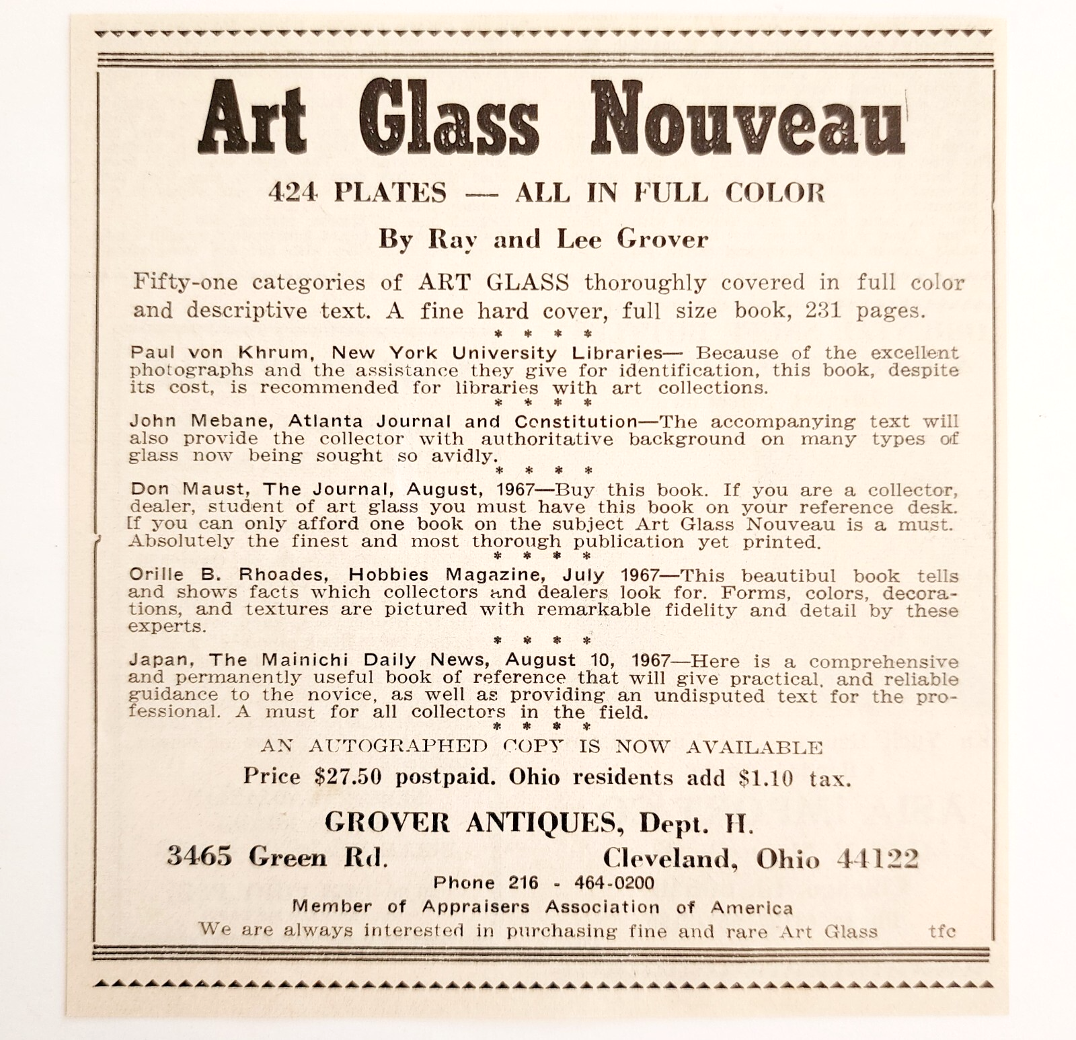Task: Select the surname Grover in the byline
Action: click(662, 239)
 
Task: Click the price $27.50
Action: click(348, 777)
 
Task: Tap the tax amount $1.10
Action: click(766, 778)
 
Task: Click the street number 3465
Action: click(199, 856)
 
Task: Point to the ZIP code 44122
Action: click(878, 858)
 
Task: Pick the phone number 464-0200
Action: click(613, 883)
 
